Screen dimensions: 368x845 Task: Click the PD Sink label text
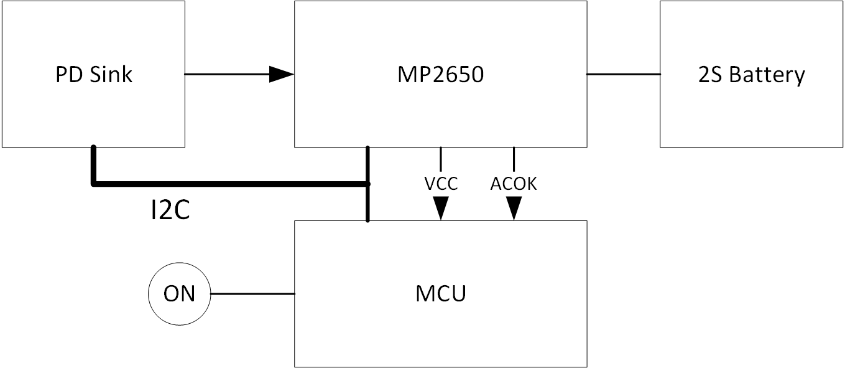click(x=93, y=75)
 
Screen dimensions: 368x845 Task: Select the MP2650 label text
click(x=440, y=75)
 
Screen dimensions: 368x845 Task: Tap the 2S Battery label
click(x=752, y=75)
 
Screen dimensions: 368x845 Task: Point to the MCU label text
click(x=440, y=293)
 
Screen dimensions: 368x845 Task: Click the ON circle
click(x=180, y=293)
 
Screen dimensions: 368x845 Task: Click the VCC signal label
click(x=441, y=184)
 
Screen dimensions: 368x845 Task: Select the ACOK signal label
click(x=514, y=184)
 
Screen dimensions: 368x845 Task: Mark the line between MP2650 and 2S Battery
click(x=623, y=74)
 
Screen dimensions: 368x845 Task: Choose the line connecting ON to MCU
click(x=252, y=293)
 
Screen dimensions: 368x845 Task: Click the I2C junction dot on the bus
click(x=367, y=184)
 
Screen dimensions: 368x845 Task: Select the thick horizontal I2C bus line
click(x=230, y=184)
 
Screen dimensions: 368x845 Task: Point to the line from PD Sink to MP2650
click(x=227, y=75)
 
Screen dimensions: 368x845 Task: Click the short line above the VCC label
click(x=441, y=159)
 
